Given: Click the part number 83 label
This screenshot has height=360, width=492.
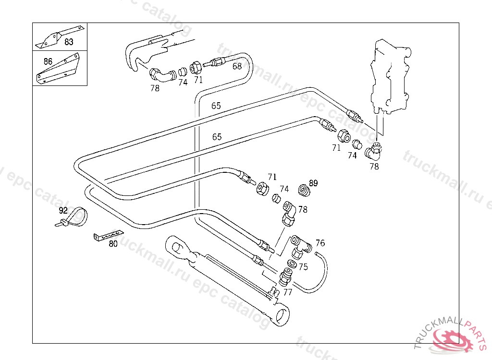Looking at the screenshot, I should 69,42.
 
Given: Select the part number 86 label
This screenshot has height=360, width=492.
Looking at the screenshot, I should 48,61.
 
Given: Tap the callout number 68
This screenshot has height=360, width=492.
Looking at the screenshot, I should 237,66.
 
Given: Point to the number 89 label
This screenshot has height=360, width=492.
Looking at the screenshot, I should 313,183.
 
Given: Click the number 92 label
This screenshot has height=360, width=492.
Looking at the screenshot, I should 63,210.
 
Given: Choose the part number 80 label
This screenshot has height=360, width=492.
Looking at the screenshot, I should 113,243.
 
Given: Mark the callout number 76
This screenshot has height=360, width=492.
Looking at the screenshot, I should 320,243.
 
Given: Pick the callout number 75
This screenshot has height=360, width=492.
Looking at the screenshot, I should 303,267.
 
